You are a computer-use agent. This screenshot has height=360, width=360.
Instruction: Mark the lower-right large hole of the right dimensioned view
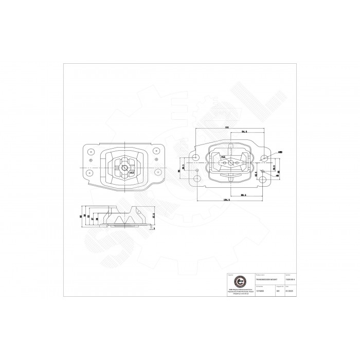[264, 179]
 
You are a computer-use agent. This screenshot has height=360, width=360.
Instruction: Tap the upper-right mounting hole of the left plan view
[155, 151]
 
